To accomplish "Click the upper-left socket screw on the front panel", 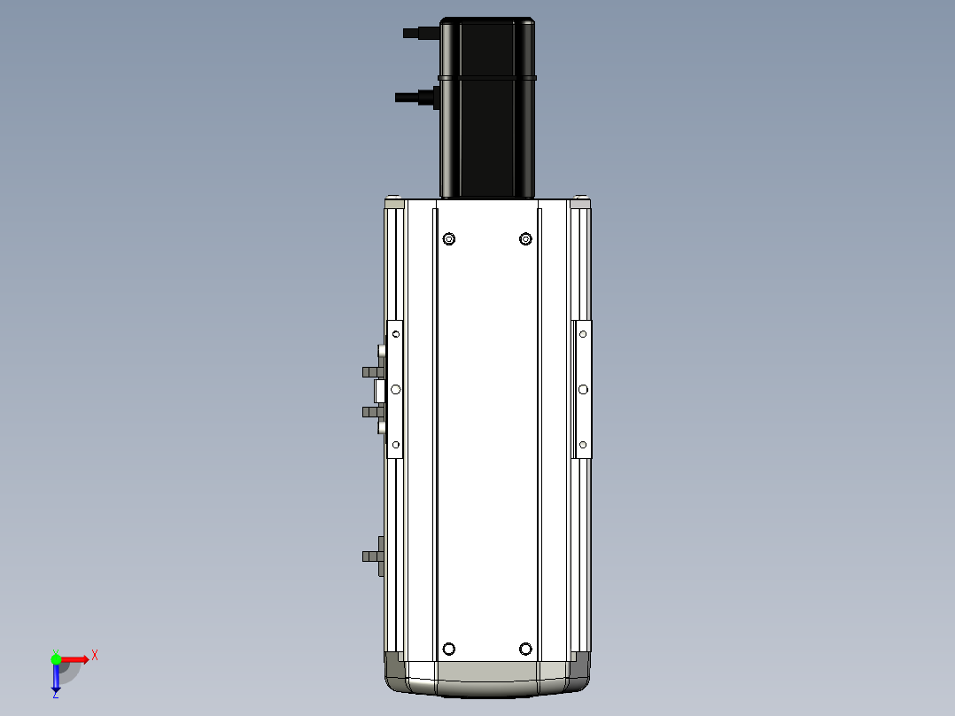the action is pos(449,239).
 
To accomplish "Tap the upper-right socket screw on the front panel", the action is pos(525,239).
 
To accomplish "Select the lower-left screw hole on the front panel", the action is pos(449,649).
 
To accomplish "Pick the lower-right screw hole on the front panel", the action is pos(525,649).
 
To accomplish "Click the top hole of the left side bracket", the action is pos(396,334).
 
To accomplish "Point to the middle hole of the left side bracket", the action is pos(396,389).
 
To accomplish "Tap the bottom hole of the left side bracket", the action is pos(396,445).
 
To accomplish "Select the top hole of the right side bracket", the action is pos(583,334).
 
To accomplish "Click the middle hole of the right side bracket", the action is pos(583,389).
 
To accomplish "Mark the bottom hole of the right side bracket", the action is pos(583,445).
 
